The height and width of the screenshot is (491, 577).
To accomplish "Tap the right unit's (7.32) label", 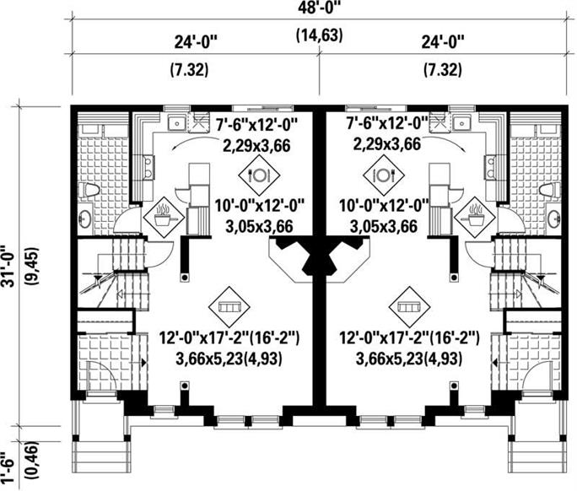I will [442, 70].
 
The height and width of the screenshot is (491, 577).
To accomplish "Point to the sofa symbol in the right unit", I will [411, 302].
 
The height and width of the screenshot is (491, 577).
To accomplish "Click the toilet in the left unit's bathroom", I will [89, 191].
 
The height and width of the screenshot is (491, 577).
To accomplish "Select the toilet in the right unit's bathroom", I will [551, 189].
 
